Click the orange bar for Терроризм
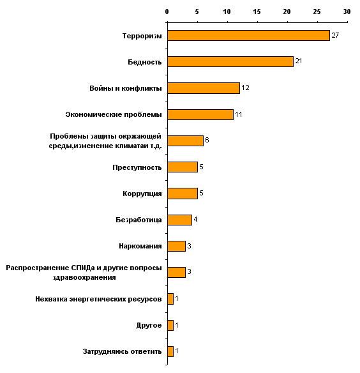248,35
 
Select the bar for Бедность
230,61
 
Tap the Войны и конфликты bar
204,88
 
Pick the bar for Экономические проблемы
200,114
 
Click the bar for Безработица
179,220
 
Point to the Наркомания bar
176,246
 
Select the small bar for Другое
170,325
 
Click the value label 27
335,35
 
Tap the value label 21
299,61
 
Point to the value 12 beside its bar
245,88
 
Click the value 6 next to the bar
207,140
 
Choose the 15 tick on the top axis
257,11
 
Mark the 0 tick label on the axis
167,11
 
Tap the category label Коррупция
142,194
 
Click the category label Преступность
137,167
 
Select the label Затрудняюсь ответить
122,351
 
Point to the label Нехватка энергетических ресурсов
98,299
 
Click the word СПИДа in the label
83,268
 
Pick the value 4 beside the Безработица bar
195,219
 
